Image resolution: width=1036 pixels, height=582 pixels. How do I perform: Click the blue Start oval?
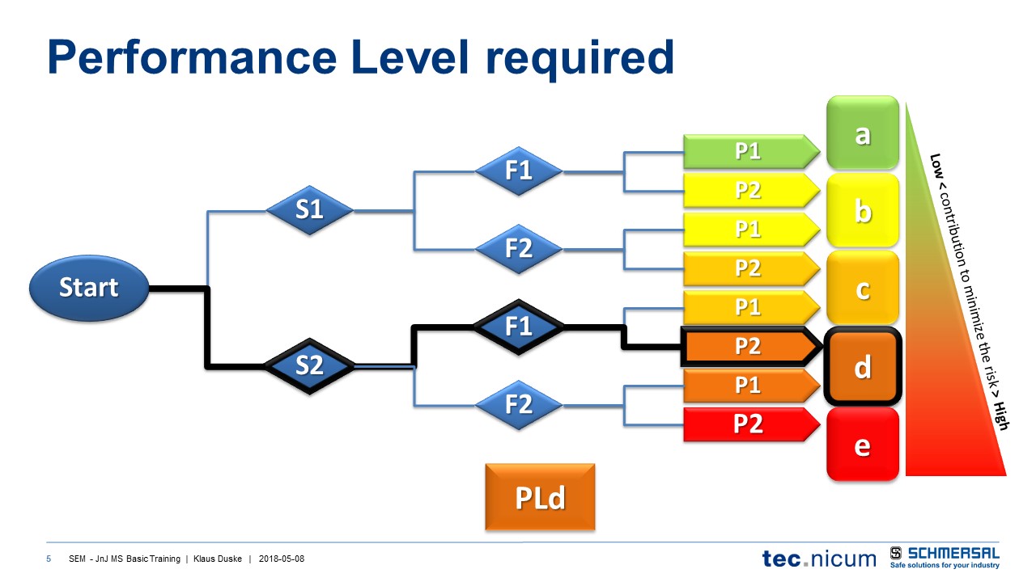coord(89,288)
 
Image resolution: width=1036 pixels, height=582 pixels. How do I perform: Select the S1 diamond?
coord(309,210)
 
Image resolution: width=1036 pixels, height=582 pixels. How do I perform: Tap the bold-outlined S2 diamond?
coord(309,366)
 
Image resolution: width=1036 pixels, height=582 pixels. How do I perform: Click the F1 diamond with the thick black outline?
coord(519,327)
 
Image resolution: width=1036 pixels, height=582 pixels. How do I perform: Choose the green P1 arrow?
coord(749,151)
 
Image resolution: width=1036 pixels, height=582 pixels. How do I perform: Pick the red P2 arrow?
coord(749,424)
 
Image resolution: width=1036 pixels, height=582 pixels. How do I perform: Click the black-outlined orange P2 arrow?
coord(749,346)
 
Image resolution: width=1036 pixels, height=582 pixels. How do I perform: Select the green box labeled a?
coord(863,133)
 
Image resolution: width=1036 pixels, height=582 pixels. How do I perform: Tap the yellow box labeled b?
coord(863,210)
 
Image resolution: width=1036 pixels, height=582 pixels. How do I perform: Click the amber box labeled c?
coord(863,288)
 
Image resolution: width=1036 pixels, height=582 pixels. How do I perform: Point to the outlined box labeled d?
coord(863,367)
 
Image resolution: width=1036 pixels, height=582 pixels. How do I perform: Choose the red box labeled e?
coord(863,444)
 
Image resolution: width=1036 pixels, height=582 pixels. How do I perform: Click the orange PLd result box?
coord(540,497)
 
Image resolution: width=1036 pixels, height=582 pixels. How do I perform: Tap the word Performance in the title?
coord(188,58)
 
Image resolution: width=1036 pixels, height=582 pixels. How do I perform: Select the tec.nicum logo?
coord(819,558)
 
